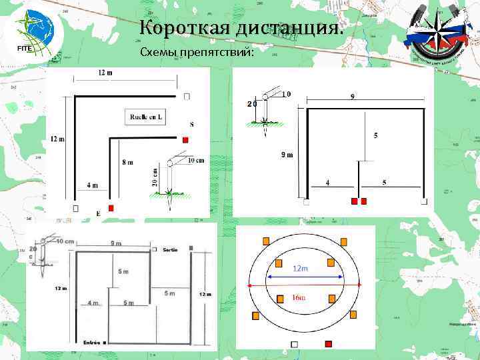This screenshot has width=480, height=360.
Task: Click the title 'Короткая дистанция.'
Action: [242, 28]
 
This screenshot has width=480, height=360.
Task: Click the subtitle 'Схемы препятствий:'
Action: [197, 53]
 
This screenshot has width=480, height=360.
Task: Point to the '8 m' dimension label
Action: [127, 162]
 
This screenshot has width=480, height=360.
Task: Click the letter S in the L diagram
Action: [192, 125]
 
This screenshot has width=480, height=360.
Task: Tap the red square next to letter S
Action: [186, 139]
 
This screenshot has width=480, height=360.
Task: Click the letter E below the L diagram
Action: [98, 214]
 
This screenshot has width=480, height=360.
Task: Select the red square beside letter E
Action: [111, 208]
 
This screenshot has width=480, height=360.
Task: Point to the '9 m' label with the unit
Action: [285, 155]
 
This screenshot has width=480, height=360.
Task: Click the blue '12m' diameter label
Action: [301, 269]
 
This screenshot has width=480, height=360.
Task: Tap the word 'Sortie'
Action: [169, 249]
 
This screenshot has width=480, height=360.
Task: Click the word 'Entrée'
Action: [91, 343]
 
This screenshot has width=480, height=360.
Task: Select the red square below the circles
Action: [327, 344]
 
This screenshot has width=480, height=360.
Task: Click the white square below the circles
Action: [294, 344]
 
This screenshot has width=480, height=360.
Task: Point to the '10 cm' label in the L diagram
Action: [195, 160]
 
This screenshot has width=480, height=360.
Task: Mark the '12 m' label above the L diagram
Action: [105, 72]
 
